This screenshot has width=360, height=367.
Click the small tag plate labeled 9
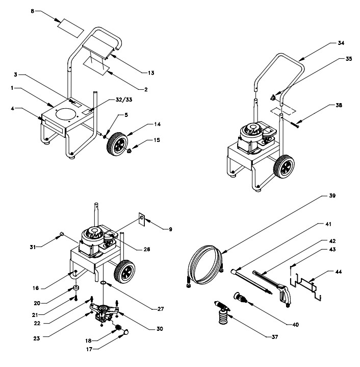click(x=142, y=221)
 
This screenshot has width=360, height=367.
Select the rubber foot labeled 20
click(x=75, y=288)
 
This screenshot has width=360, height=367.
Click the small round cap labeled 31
click(x=62, y=234)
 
